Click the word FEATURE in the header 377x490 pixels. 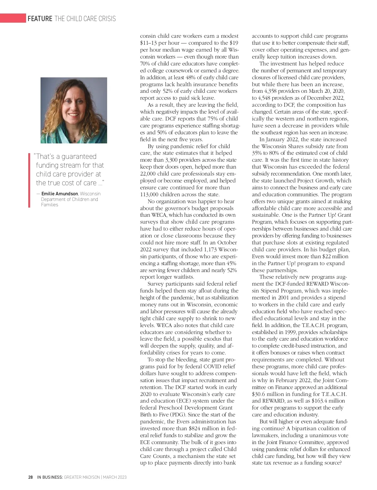[x=40, y=19]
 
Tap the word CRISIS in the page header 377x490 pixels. [x=107, y=19]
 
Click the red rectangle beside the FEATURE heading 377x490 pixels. [x=13, y=18]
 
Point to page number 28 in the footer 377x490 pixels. [x=30, y=477]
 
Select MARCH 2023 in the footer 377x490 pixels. [x=115, y=477]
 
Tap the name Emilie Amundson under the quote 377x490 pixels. [x=60, y=194]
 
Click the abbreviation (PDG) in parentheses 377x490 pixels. [x=178, y=415]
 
